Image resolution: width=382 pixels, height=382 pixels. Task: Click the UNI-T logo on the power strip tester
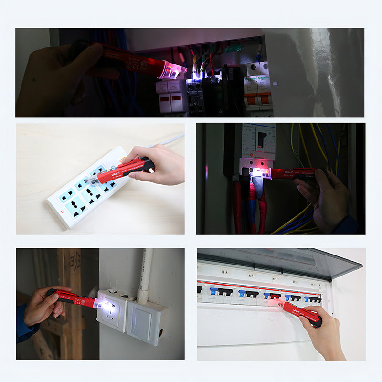point(116,175)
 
